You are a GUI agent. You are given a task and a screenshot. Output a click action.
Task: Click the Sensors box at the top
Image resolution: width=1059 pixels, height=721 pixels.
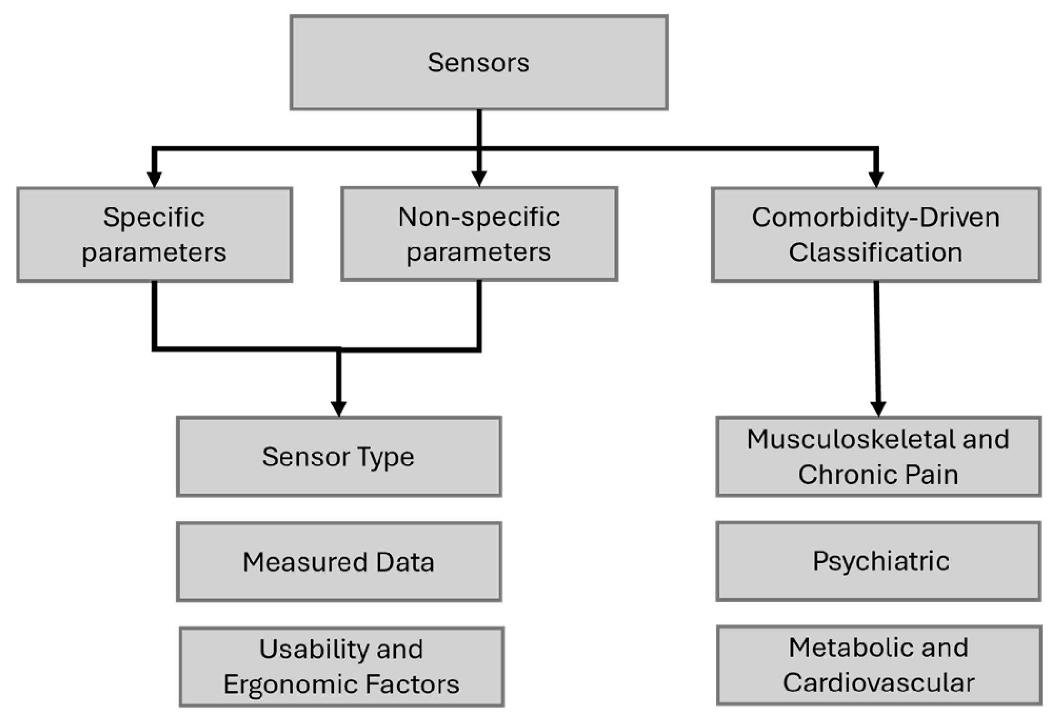click(479, 62)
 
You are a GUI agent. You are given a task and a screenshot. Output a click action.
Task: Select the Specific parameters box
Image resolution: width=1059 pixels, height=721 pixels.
click(154, 235)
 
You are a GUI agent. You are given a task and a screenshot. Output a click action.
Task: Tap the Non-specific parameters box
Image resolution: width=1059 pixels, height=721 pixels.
click(479, 234)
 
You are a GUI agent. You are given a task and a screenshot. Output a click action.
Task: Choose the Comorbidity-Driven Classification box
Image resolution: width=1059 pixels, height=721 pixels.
click(875, 235)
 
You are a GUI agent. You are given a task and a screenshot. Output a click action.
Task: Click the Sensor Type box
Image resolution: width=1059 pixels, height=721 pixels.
click(339, 457)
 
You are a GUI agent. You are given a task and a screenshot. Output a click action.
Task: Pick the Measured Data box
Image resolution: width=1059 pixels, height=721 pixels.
click(339, 562)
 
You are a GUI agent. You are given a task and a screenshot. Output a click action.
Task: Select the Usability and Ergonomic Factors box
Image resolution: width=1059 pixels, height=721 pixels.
click(341, 666)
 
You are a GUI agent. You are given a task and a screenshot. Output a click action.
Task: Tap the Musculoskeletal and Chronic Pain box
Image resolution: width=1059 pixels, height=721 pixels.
click(878, 457)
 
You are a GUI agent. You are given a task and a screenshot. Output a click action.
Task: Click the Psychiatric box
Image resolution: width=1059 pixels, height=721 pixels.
click(878, 561)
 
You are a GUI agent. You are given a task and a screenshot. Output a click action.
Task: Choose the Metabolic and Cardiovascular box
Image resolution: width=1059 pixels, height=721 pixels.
click(879, 665)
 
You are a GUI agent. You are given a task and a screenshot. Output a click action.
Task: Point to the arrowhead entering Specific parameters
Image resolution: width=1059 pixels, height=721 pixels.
click(154, 179)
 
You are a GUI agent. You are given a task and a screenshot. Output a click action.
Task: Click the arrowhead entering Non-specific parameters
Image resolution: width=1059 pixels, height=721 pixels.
click(479, 178)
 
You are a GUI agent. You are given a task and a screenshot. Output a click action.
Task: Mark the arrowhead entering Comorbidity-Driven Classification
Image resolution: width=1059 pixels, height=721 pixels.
click(876, 179)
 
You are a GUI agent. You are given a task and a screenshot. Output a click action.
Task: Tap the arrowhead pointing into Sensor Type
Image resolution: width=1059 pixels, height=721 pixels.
click(339, 409)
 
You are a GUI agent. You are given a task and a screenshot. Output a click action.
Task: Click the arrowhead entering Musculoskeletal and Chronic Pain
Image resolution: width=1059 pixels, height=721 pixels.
click(878, 409)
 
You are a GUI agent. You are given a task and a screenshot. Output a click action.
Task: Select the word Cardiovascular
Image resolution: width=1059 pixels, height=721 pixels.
click(879, 683)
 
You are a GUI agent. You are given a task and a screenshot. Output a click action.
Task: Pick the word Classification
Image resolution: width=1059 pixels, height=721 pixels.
click(875, 252)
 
